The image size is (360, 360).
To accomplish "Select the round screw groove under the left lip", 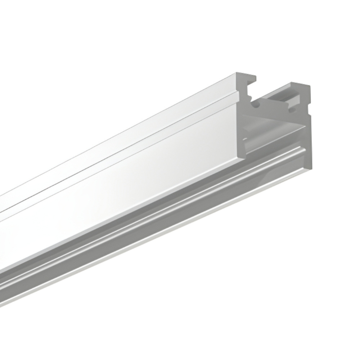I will click(256, 105).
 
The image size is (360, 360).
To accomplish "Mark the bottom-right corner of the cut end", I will click(311, 168).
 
